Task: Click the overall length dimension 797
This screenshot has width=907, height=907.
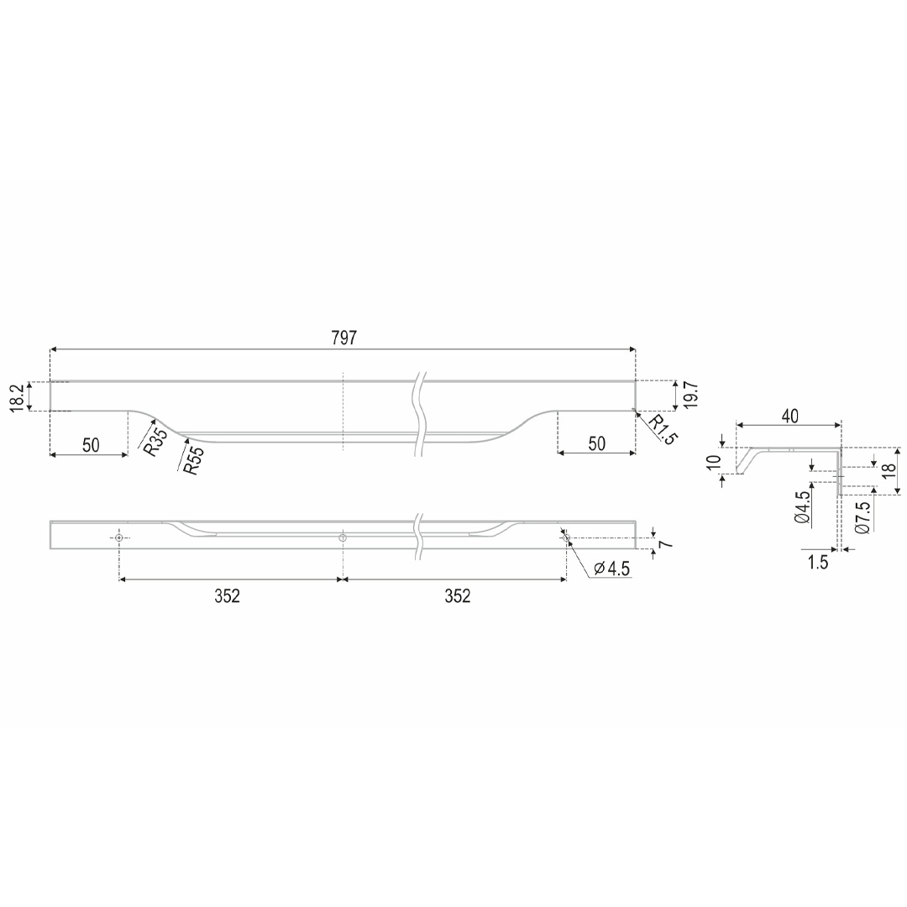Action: [x=343, y=338]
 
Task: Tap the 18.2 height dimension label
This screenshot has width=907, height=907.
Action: [x=18, y=396]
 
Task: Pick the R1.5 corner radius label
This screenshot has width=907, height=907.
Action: [x=661, y=429]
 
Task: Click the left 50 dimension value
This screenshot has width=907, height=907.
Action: [x=91, y=445]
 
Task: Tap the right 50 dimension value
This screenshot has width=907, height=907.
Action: [x=596, y=443]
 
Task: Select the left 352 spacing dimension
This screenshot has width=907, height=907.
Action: [x=227, y=595]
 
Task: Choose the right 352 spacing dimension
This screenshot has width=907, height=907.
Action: [x=458, y=595]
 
